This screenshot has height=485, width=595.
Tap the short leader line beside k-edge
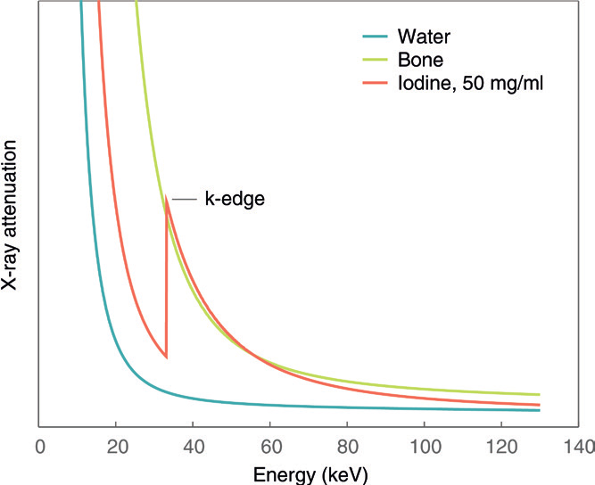click(x=182, y=199)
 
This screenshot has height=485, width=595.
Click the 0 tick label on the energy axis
click(x=39, y=445)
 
